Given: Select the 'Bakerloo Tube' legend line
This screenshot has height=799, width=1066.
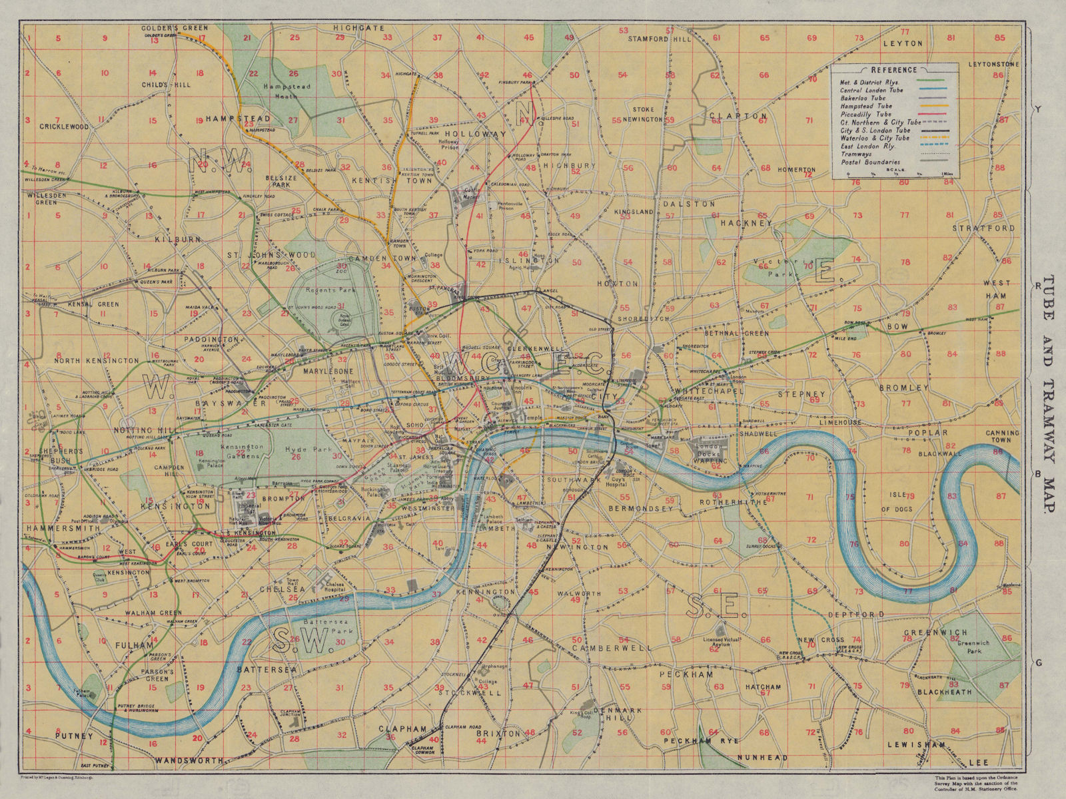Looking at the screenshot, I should (863, 98).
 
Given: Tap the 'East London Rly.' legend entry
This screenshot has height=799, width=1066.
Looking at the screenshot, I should (867, 146).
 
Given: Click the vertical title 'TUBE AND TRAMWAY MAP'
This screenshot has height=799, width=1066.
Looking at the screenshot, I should (1048, 393).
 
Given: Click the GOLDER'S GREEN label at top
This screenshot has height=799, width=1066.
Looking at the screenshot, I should (175, 28).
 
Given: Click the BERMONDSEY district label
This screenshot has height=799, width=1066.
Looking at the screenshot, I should (640, 508).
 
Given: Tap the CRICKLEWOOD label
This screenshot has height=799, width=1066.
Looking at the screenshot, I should (64, 127).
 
